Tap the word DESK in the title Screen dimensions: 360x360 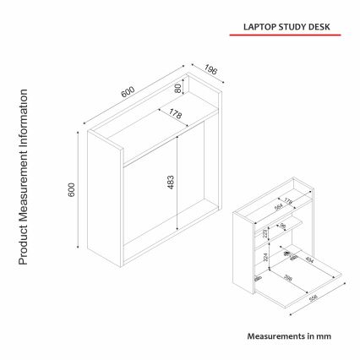(314, 25)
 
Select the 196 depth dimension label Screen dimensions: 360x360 (210, 69)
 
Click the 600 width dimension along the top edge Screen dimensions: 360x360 (128, 93)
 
